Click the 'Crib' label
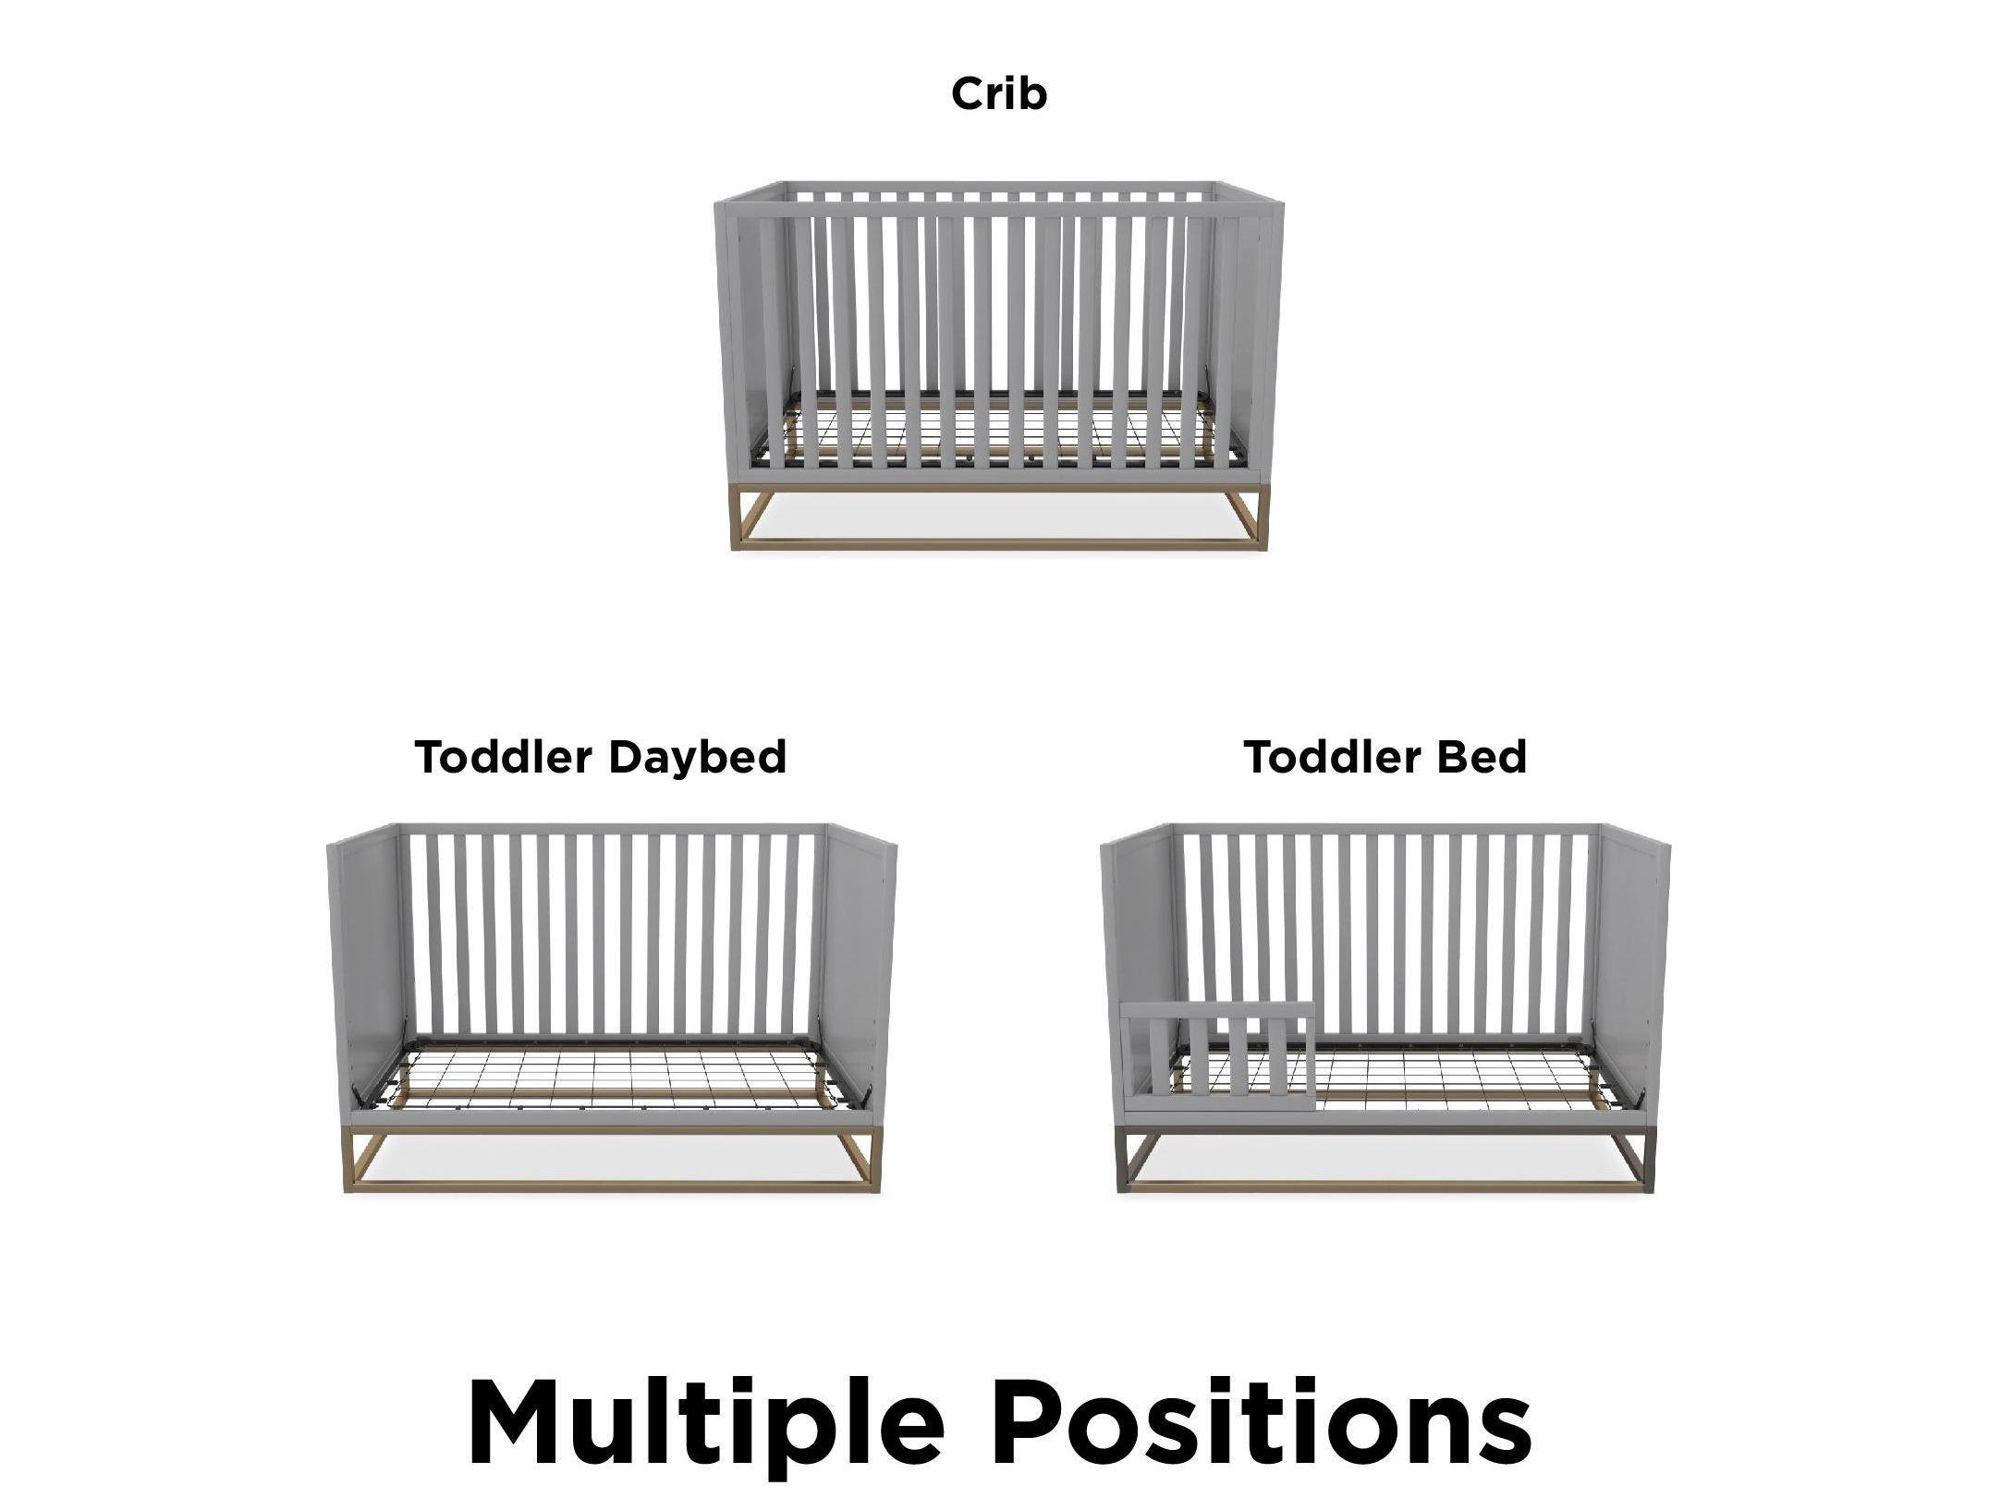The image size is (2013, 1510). point(999,94)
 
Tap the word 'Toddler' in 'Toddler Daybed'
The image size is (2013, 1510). point(504,757)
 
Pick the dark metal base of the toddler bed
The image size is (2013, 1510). point(1386,1159)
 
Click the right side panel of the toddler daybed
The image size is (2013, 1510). point(860,975)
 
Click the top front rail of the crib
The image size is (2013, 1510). point(999,211)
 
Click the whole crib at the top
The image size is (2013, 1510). point(999,366)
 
